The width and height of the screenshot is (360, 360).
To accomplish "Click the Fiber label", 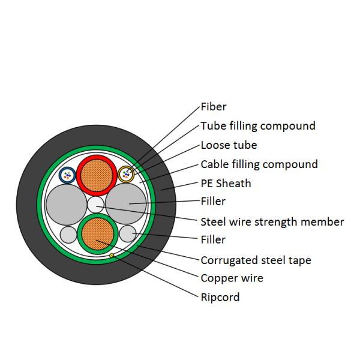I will click(x=214, y=107).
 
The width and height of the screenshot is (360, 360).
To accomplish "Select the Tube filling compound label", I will click(x=257, y=126).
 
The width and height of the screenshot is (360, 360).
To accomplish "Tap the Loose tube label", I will click(x=229, y=145).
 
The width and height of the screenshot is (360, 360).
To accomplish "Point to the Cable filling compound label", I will click(x=259, y=164).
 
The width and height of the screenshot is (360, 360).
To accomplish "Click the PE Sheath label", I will click(x=226, y=184).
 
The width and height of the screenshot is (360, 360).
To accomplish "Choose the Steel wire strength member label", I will click(x=272, y=222).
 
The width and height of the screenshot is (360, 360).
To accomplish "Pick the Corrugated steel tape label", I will click(x=256, y=260).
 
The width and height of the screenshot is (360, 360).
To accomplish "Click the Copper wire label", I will click(x=232, y=278).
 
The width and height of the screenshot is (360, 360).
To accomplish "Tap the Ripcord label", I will click(x=220, y=297).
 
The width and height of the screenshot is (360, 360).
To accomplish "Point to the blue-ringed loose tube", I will click(x=67, y=175).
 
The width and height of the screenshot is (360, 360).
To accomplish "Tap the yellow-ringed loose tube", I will click(x=126, y=175).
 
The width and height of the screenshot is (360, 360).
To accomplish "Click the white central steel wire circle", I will click(x=96, y=205).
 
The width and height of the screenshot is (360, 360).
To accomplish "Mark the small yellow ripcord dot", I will click(x=112, y=256).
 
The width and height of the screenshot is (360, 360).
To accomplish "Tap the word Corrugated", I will click(x=229, y=260).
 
